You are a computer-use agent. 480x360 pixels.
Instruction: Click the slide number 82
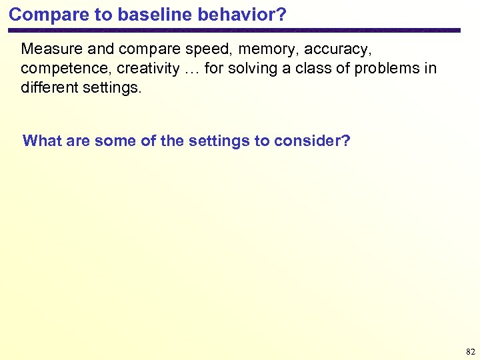(x=470, y=351)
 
